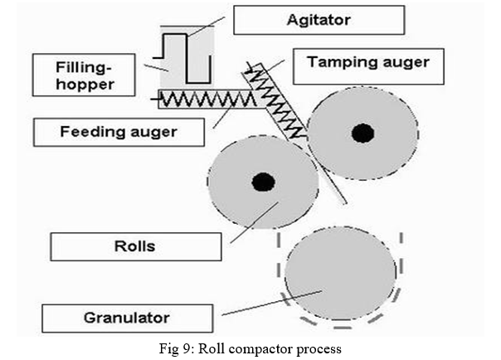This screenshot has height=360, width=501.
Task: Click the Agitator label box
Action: pos(319,19)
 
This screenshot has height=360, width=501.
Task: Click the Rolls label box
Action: pos(135,246)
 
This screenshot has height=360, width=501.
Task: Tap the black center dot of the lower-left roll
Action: pos(262,182)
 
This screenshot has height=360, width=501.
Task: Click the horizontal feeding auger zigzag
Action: pos(198,100)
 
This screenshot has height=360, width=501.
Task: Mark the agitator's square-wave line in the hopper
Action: pos(187,57)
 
